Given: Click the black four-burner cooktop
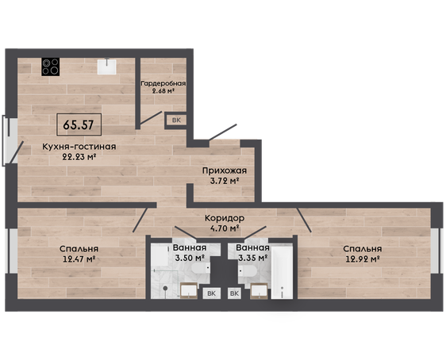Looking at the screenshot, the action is coord(50,67).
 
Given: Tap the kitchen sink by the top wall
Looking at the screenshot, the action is coord(106,67).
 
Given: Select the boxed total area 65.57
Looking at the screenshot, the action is coord(79,124).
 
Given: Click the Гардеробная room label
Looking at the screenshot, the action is coord(163,83).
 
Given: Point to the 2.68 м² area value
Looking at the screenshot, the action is coord(163,91).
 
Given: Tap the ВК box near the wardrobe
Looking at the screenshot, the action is coord(176,120).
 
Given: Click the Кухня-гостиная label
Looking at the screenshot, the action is coord(79,147).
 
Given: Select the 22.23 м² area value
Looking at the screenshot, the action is coord(79,156).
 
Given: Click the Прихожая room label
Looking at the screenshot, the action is coord(225,170).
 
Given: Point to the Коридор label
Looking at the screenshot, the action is coord(225,218).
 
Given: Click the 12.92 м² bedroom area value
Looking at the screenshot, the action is coord(363,259).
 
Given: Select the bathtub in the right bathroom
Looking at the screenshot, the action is coord(282,273).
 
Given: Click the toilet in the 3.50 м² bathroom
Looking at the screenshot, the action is coord(201,268).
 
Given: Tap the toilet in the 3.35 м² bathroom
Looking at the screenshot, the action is coord(248,271).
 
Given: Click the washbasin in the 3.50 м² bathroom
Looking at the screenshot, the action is coord(189,291).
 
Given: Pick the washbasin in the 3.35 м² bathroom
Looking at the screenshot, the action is coord(259,291).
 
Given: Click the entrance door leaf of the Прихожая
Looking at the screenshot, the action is coord(222,132).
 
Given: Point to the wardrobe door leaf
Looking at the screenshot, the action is coord(151,118).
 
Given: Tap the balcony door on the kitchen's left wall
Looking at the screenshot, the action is coord(17,152).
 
